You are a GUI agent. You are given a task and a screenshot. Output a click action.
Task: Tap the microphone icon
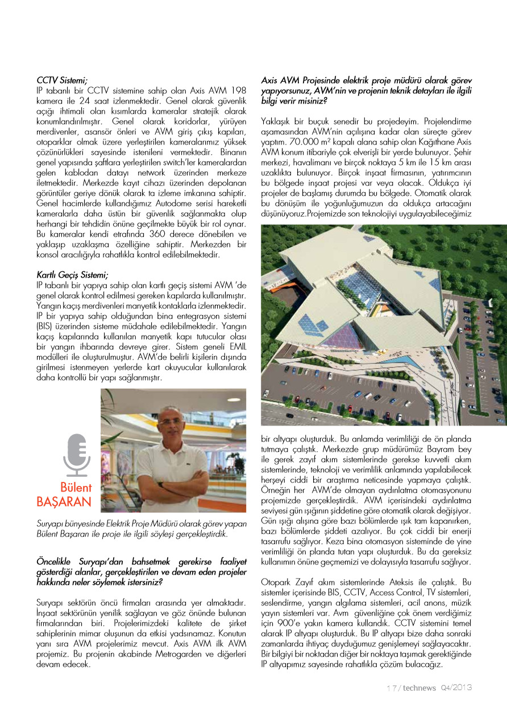pos(77,455)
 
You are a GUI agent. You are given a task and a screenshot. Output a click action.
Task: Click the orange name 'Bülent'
pos(76,488)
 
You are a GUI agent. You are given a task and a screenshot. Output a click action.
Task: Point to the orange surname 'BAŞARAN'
pos(64,502)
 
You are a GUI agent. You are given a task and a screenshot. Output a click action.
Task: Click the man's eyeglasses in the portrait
pos(171,422)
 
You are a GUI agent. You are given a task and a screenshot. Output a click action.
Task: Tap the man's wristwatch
pos(161,485)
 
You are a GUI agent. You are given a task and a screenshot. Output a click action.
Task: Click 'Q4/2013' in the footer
pos(456,688)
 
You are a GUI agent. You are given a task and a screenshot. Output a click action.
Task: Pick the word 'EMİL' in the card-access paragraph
pos(236,352)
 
